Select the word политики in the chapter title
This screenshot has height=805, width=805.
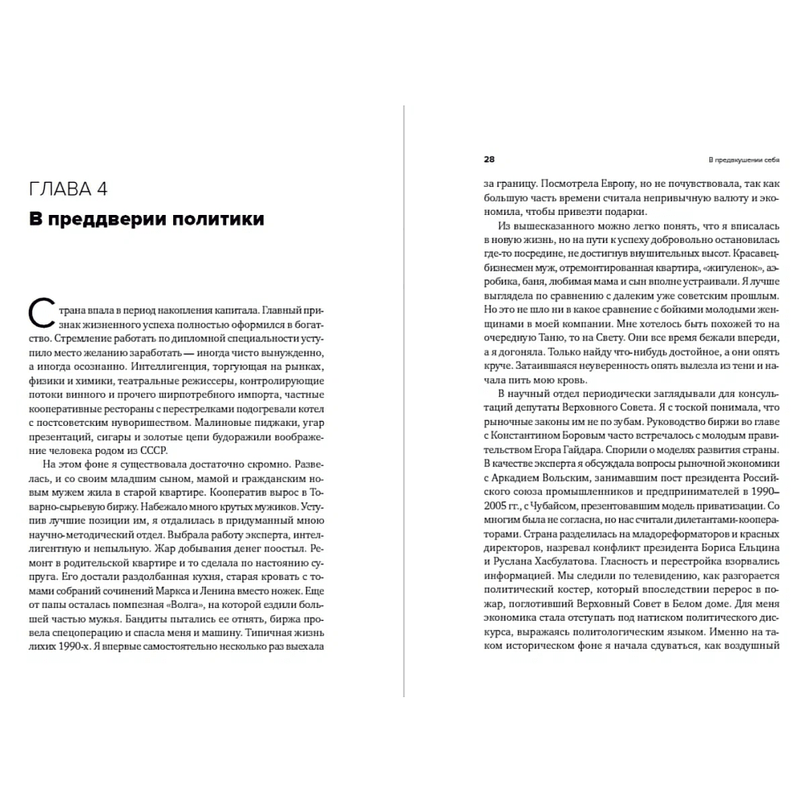pyautogui.click(x=216, y=218)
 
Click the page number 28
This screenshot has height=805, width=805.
pyautogui.click(x=489, y=159)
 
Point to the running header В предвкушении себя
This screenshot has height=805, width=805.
pyautogui.click(x=738, y=159)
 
